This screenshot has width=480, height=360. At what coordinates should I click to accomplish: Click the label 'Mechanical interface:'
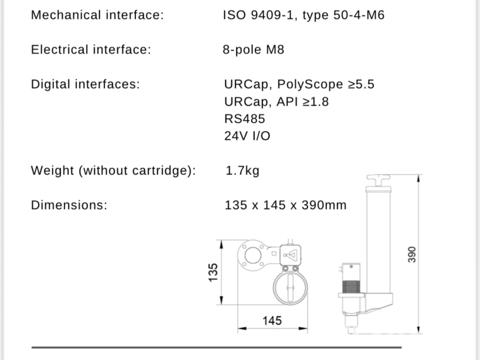(98, 15)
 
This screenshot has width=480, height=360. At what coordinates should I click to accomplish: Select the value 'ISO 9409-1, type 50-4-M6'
(303, 15)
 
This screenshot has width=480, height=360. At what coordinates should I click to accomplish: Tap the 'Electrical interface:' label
(91, 50)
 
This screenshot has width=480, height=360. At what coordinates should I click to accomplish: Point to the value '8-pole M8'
(253, 50)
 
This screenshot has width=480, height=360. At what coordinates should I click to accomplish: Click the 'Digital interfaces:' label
(85, 84)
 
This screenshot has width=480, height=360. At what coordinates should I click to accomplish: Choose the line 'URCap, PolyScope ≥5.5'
(299, 84)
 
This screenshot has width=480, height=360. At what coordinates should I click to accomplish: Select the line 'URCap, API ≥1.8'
(276, 102)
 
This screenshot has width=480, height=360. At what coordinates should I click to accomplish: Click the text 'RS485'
(245, 119)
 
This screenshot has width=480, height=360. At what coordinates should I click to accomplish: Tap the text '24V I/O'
(247, 136)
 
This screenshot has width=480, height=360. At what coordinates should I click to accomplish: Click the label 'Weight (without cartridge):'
(113, 171)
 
